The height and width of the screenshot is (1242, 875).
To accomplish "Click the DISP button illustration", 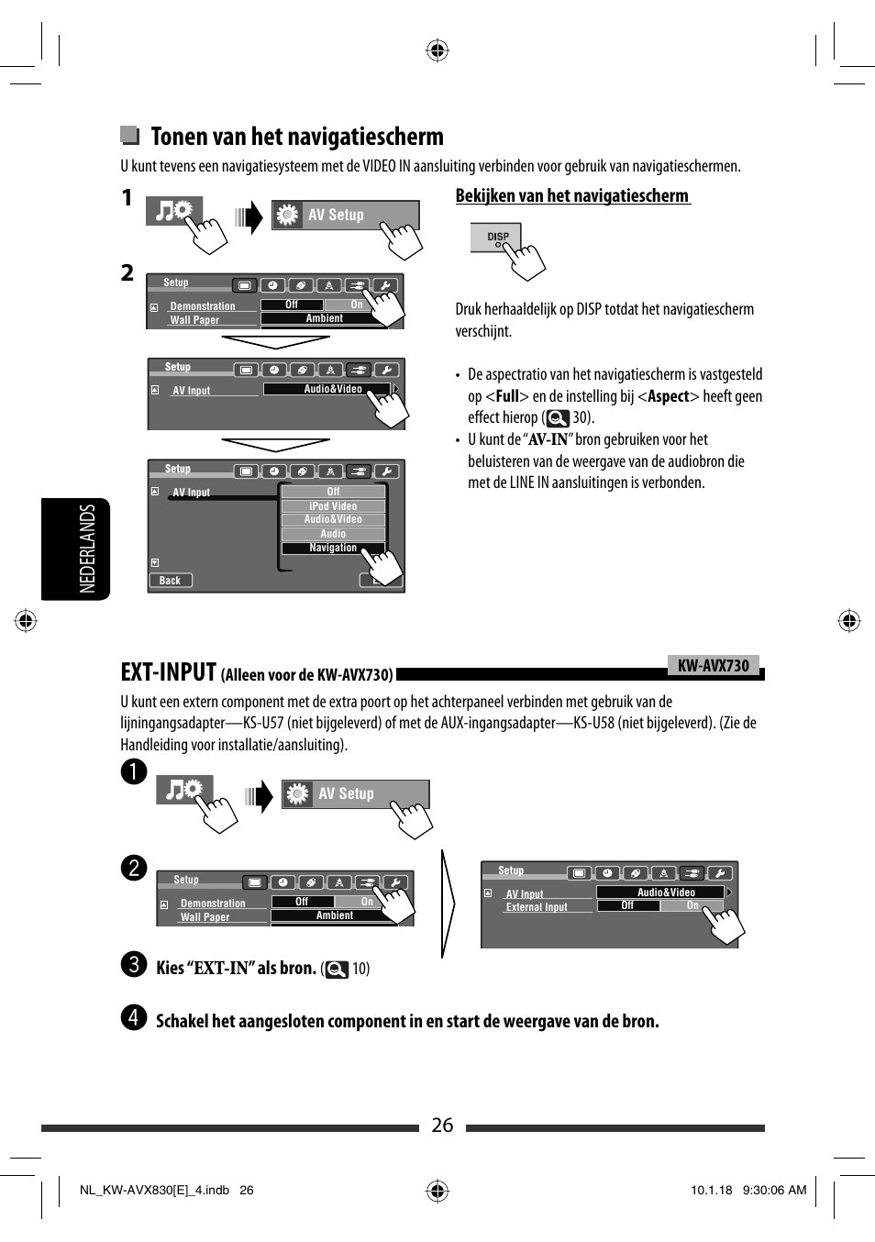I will pyautogui.click(x=496, y=237).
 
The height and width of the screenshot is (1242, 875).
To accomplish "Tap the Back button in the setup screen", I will pyautogui.click(x=171, y=581).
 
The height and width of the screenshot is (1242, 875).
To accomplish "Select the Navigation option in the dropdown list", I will pyautogui.click(x=332, y=548).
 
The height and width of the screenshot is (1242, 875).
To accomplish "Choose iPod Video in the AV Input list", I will pyautogui.click(x=333, y=505).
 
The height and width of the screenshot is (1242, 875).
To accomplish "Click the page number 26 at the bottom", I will pyautogui.click(x=442, y=1126).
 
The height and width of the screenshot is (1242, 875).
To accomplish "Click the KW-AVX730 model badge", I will pyautogui.click(x=713, y=666).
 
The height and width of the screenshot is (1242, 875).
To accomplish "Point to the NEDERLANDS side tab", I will pyautogui.click(x=87, y=549).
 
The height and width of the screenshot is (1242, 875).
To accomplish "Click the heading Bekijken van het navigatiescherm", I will pyautogui.click(x=572, y=195).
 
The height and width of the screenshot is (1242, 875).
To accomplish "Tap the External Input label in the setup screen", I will pyautogui.click(x=537, y=907).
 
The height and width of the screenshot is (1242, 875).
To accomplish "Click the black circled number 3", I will pyautogui.click(x=134, y=964).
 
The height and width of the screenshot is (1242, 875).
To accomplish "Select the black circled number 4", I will pyautogui.click(x=134, y=1017).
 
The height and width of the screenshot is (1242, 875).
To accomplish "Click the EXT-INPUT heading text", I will pyautogui.click(x=169, y=672).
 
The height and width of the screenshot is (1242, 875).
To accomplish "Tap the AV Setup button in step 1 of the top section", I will pyautogui.click(x=345, y=215).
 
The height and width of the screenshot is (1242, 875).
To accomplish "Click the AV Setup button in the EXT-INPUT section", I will pyautogui.click(x=355, y=793).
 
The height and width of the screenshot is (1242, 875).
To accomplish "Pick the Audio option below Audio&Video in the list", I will pyautogui.click(x=333, y=534).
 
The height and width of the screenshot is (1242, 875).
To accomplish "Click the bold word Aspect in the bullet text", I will pyautogui.click(x=669, y=396).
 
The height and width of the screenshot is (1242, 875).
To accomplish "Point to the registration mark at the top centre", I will pyautogui.click(x=437, y=50).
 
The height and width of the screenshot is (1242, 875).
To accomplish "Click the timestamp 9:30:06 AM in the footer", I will pyautogui.click(x=774, y=1190).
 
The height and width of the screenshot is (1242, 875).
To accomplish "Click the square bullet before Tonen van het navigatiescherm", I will pyautogui.click(x=129, y=136).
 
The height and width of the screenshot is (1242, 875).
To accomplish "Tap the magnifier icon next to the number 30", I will pyautogui.click(x=558, y=418).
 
